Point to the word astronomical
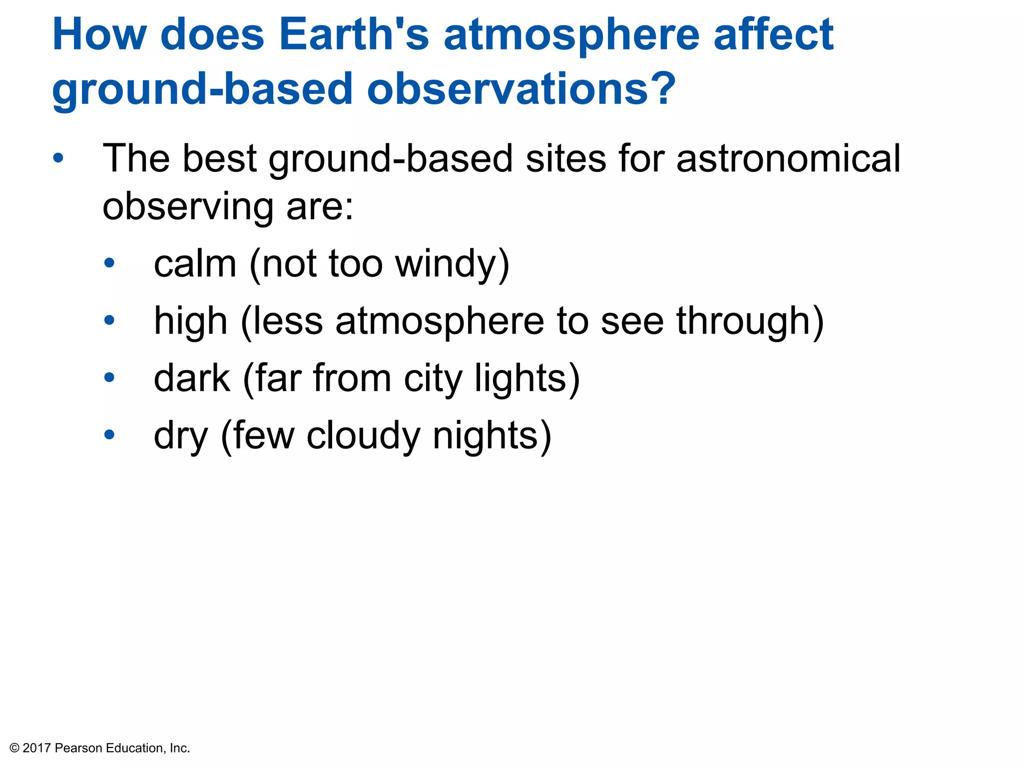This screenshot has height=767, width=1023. tap(788, 159)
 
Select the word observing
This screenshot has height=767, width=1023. tap(188, 207)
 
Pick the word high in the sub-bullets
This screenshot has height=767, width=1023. tap(190, 322)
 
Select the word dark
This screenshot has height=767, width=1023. tap(192, 378)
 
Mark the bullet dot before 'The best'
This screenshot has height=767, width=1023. tap(58, 158)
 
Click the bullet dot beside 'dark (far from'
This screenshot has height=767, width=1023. tap(109, 377)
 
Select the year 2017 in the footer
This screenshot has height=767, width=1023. tap(36, 748)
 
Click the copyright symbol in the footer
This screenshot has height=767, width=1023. tap(14, 748)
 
